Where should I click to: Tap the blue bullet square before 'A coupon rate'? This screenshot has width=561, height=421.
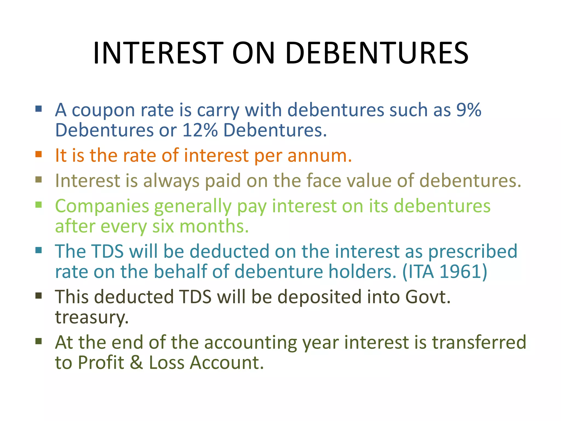tap(39, 109)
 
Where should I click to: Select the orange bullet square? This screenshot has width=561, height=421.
tap(39, 154)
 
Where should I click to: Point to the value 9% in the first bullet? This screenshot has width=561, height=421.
tap(468, 110)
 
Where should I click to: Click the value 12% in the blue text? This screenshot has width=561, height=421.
tap(200, 130)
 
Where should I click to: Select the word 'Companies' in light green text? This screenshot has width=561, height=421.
tap(102, 206)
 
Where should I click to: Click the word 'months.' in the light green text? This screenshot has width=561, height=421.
tap(214, 226)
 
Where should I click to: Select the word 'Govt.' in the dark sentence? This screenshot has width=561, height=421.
tap(428, 297)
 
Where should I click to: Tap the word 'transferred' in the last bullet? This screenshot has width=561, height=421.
tap(479, 342)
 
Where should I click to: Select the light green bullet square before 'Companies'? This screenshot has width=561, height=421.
tap(39, 205)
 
